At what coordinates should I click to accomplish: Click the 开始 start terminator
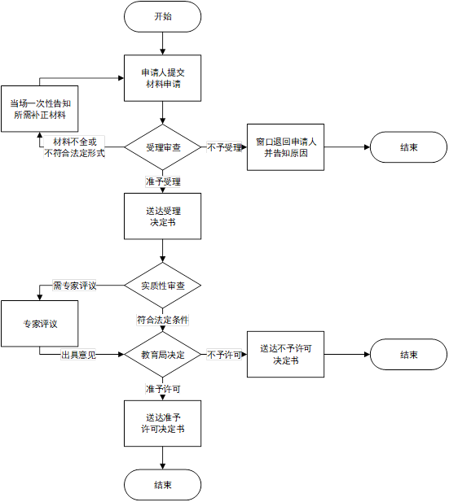163,16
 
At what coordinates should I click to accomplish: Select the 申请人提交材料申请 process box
163,78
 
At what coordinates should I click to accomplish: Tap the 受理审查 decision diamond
163,147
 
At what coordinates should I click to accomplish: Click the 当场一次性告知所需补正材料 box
40,109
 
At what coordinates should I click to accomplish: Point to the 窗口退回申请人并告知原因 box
285,147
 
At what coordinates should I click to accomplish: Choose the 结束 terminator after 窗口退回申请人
408,147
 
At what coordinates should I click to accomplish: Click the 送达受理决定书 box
163,216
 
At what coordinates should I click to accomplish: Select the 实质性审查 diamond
163,286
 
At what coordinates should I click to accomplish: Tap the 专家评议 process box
40,324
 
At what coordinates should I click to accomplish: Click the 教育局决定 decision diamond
163,355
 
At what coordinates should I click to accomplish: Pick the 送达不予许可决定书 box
285,355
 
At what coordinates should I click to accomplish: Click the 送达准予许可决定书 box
163,423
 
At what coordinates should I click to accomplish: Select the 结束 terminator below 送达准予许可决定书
163,485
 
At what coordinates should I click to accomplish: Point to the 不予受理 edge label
225,147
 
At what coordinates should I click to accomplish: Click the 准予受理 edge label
163,181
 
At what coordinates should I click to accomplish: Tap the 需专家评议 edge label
74,286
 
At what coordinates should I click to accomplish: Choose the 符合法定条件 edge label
163,320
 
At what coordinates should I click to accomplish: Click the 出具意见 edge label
78,355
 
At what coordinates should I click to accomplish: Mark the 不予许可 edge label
224,355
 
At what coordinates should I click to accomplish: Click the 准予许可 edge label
163,389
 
